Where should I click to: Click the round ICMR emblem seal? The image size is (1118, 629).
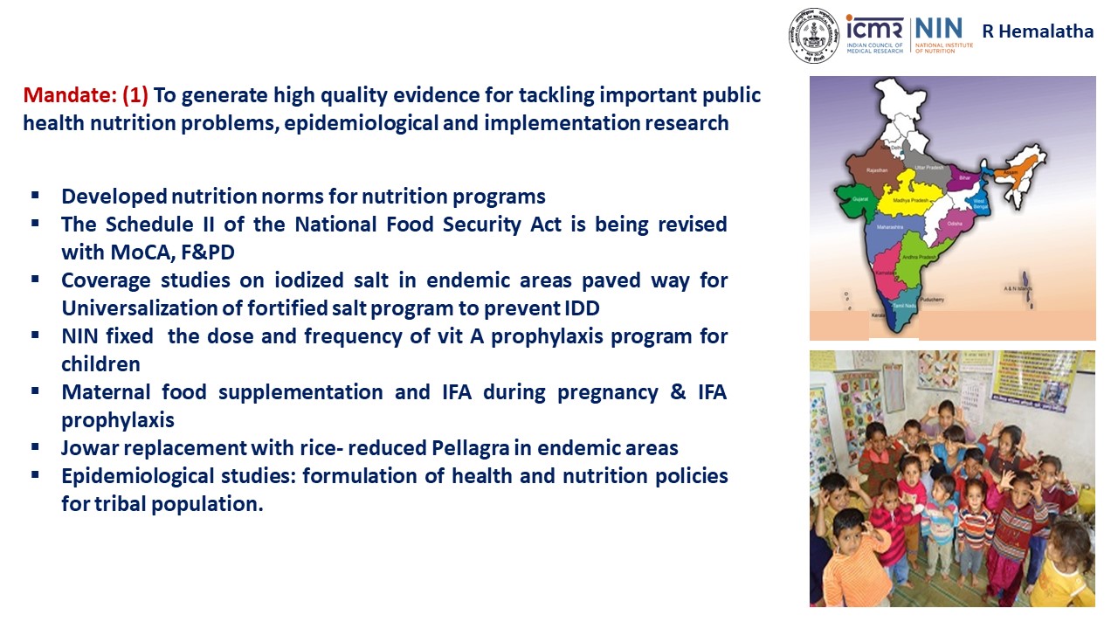click(815, 36)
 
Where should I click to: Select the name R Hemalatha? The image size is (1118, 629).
click(1038, 31)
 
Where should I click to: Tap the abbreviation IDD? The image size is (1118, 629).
click(580, 308)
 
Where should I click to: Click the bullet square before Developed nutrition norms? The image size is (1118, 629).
click(35, 195)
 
